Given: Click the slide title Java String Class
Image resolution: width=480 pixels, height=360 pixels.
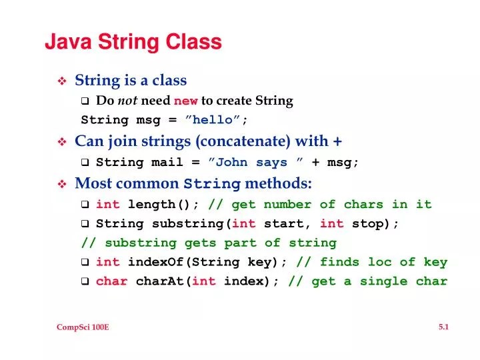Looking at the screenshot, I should (x=133, y=42).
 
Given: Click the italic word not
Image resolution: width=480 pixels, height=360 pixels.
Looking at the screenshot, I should (x=128, y=101).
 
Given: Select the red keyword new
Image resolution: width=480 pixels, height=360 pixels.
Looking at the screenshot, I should (x=185, y=101).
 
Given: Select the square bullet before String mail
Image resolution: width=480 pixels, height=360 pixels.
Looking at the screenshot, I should (x=85, y=163).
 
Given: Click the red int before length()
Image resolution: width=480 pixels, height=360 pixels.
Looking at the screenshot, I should (x=108, y=205).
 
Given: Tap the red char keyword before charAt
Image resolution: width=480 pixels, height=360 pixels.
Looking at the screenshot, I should (x=112, y=281).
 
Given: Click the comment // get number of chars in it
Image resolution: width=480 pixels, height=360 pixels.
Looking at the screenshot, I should (x=320, y=205).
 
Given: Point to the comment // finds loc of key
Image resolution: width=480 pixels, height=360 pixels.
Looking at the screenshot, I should (x=372, y=262).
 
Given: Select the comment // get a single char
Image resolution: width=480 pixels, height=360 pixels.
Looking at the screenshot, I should (x=367, y=281).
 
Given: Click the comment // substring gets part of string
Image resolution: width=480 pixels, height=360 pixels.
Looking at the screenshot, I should (x=209, y=243).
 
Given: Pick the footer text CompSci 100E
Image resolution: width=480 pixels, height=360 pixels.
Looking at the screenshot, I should (x=83, y=327).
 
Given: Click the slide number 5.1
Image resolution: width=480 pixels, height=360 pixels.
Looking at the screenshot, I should (x=443, y=327).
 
